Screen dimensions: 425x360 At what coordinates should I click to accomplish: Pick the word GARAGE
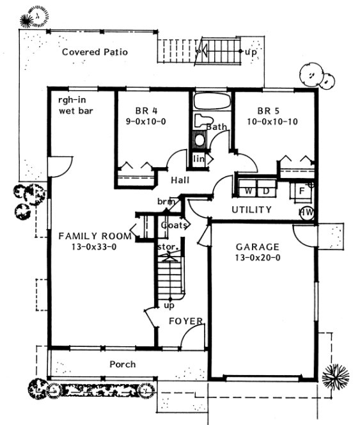click(258, 246)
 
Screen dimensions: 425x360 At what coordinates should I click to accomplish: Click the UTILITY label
click(251, 209)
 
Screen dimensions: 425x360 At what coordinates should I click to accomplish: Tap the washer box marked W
click(246, 191)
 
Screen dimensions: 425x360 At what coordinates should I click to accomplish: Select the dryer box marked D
click(266, 191)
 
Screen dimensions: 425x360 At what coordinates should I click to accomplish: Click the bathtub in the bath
click(210, 102)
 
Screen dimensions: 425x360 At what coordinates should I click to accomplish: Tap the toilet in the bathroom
click(204, 120)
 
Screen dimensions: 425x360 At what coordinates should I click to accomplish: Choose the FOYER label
click(186, 321)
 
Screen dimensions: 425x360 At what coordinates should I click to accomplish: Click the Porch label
click(122, 364)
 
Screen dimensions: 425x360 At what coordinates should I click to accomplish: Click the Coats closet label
click(174, 225)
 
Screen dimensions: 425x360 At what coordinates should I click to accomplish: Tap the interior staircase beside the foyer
click(171, 275)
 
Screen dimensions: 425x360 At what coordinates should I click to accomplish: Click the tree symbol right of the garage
click(334, 374)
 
